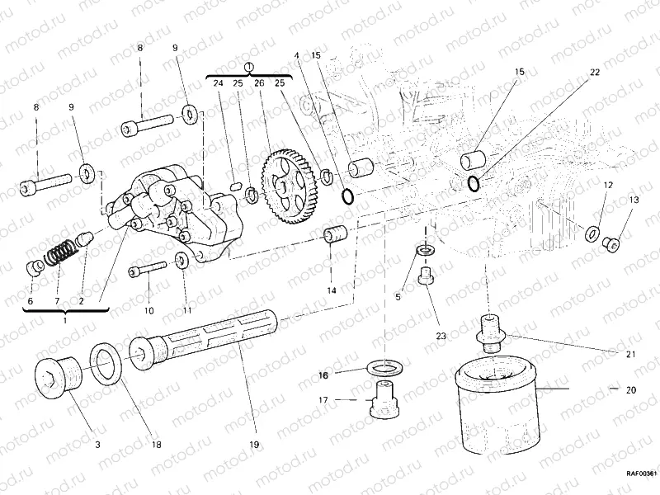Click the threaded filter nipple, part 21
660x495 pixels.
491,331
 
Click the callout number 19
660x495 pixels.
253,445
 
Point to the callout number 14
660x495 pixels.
330,291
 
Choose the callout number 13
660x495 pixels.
634,200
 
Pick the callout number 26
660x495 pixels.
258,83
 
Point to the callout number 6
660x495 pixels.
31,302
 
